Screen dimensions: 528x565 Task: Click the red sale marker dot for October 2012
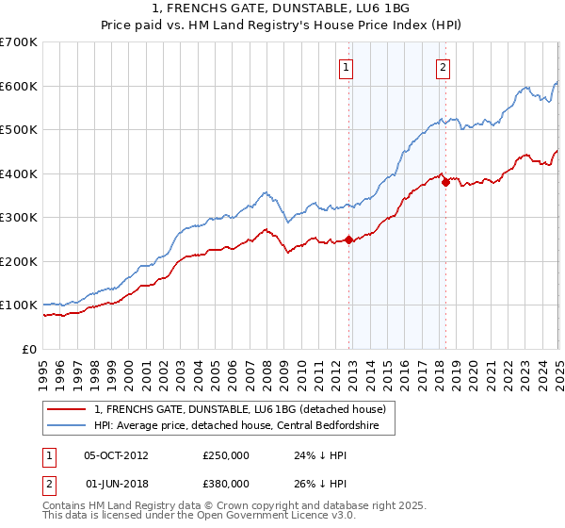click(x=348, y=239)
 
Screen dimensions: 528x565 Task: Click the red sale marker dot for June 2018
click(x=445, y=183)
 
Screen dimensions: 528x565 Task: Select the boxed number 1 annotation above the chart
click(x=347, y=67)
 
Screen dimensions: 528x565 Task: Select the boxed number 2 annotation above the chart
click(x=443, y=67)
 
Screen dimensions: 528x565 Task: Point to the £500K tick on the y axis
click(x=19, y=130)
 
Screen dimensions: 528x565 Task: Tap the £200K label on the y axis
click(x=19, y=261)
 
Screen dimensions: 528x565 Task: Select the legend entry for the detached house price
click(x=240, y=409)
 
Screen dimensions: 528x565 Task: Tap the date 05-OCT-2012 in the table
click(x=116, y=454)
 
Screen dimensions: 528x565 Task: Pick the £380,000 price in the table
click(x=226, y=484)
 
